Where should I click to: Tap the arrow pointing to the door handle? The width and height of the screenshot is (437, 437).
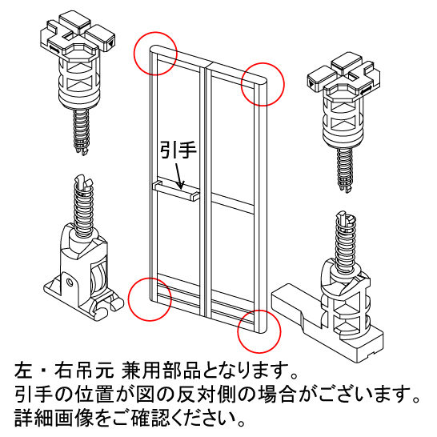179,176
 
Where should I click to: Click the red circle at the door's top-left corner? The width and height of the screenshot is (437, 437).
155,54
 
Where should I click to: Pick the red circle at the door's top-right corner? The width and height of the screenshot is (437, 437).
263,84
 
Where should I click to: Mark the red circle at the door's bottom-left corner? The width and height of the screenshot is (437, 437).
150,299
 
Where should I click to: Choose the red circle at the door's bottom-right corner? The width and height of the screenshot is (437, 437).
259,331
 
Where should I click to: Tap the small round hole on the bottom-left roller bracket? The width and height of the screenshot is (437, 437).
70,283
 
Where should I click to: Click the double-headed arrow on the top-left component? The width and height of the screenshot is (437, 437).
54,50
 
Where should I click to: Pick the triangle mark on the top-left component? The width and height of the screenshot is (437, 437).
111,44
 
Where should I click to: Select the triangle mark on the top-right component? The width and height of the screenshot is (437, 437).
311,82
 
